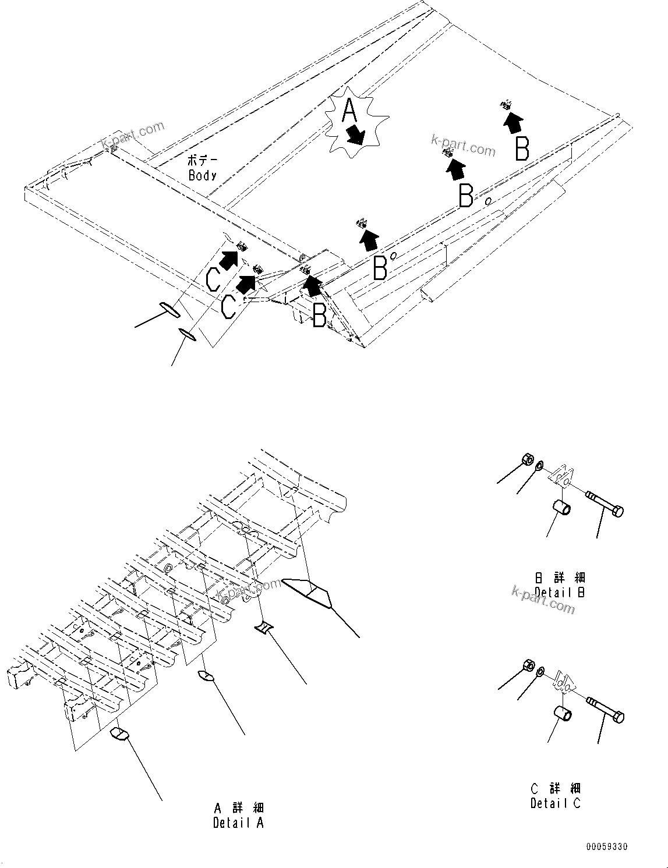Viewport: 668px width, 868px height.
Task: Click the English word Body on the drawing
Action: pyautogui.click(x=203, y=175)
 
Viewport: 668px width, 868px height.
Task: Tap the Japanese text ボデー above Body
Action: pyautogui.click(x=202, y=160)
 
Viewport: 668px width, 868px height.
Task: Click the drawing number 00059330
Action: pyautogui.click(x=607, y=847)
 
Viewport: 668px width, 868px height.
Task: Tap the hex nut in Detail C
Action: pyautogui.click(x=528, y=665)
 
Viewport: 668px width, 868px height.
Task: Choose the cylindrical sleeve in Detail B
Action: pyautogui.click(x=561, y=506)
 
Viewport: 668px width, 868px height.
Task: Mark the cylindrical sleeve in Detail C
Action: pyautogui.click(x=561, y=713)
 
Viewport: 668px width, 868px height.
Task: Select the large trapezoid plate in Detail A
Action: pyautogui.click(x=308, y=591)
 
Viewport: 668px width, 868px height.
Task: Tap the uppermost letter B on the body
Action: pyautogui.click(x=522, y=148)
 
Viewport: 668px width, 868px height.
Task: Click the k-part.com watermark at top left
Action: pyautogui.click(x=133, y=136)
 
